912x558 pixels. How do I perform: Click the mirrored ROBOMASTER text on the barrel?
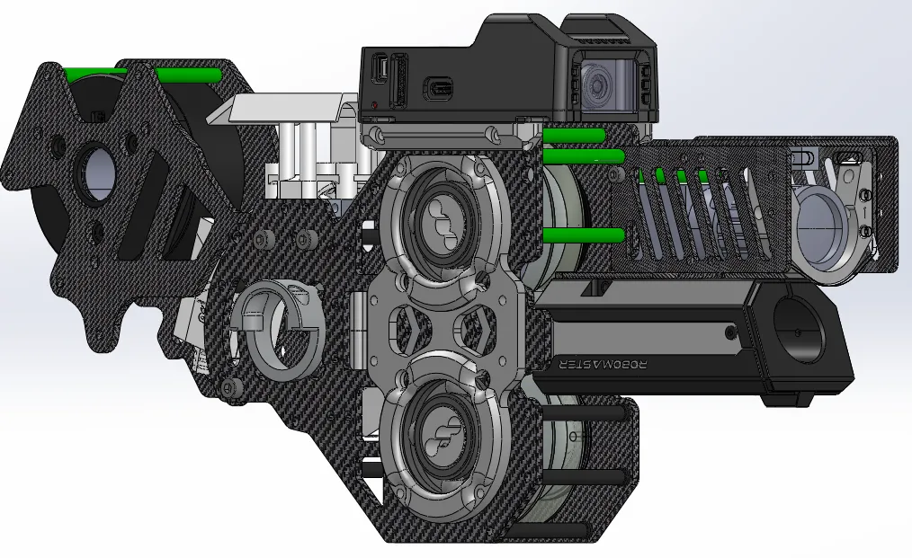(603, 365)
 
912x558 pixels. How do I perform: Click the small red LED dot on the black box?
(375, 106)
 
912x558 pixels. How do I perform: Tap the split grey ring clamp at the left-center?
(279, 328)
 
